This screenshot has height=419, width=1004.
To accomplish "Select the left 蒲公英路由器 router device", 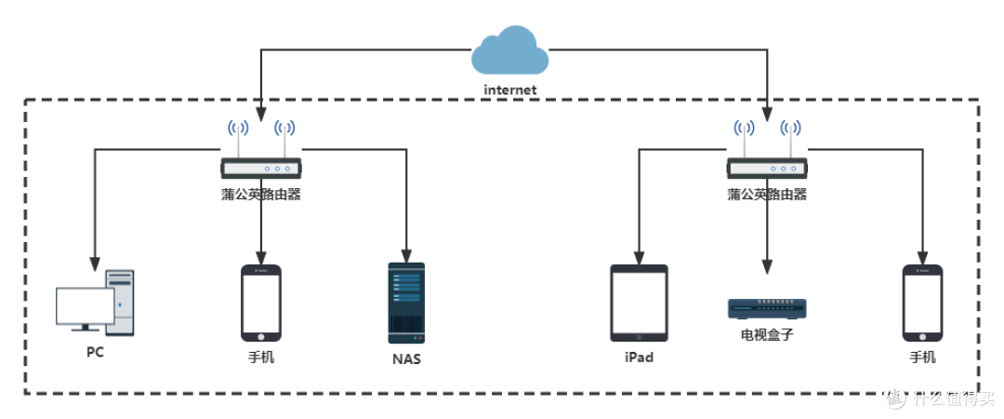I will [261, 168].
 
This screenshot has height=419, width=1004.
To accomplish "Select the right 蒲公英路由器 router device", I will [767, 168].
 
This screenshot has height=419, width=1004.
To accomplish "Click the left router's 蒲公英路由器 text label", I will [261, 195].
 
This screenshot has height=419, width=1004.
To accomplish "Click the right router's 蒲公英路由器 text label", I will [767, 195].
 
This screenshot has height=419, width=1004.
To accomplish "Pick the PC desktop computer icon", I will [96, 304].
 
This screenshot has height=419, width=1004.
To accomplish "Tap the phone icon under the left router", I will [261, 303].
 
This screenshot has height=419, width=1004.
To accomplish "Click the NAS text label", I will [405, 358].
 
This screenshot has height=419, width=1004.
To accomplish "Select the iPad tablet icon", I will [639, 303].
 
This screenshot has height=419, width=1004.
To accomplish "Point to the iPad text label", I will [639, 358].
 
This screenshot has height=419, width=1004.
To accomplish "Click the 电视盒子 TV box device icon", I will [767, 307].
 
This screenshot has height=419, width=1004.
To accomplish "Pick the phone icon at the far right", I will [922, 303].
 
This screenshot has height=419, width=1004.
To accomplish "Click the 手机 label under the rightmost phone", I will [922, 358].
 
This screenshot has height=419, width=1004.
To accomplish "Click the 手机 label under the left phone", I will [261, 358].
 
